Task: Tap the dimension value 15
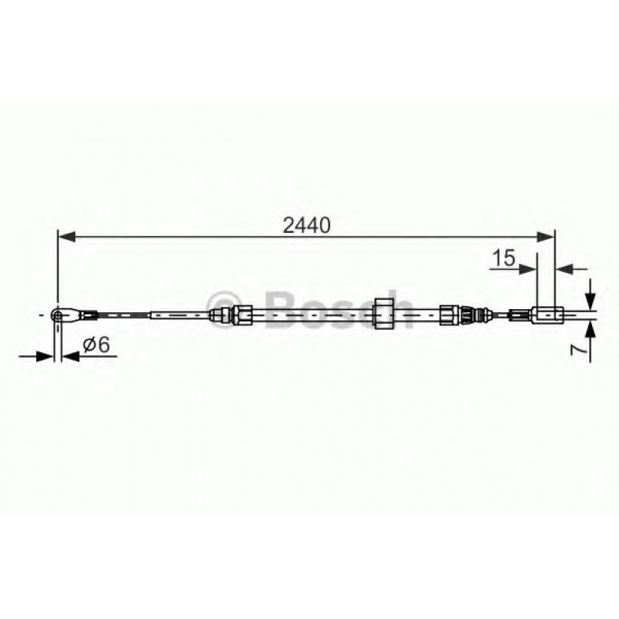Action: [504, 258]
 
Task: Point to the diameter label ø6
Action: [96, 346]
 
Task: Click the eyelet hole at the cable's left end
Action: [56, 314]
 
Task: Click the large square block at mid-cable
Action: [382, 314]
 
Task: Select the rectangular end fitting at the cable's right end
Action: [547, 313]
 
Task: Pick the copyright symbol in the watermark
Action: [229, 302]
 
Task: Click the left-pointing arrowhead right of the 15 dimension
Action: [564, 268]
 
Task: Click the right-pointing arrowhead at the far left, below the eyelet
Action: [45, 355]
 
